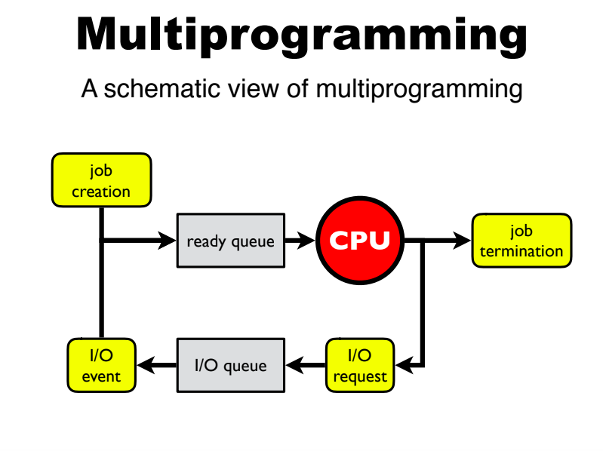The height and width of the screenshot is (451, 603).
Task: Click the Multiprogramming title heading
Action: (x=302, y=35)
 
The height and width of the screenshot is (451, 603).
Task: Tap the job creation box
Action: (x=101, y=180)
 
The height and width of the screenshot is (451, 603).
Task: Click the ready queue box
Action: (x=231, y=241)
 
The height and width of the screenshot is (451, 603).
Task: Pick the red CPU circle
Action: (x=360, y=241)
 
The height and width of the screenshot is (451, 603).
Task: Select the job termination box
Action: (x=521, y=241)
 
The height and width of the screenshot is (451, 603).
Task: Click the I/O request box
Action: (x=360, y=366)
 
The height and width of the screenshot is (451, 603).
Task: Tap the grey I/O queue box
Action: (x=231, y=366)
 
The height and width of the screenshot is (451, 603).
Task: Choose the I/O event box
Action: (x=101, y=366)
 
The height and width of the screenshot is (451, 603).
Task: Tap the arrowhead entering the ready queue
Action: (x=168, y=241)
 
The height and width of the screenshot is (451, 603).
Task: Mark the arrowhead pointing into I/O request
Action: (x=404, y=366)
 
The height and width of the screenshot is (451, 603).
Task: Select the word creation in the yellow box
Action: (x=101, y=192)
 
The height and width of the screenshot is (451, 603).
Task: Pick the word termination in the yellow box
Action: (x=521, y=251)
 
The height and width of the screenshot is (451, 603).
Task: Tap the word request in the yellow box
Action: (x=360, y=376)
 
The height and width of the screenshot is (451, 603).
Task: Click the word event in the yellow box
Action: (x=101, y=376)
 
